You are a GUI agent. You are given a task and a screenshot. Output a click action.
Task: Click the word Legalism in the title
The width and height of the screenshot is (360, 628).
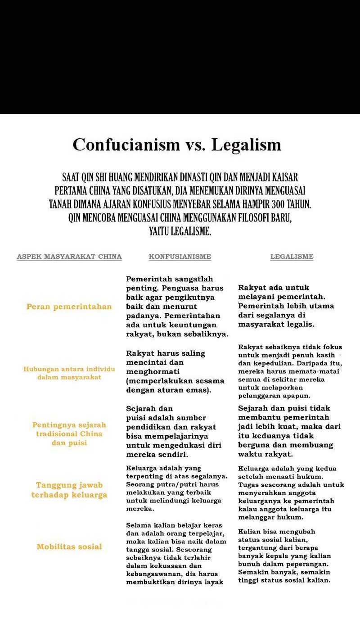[x=246, y=145]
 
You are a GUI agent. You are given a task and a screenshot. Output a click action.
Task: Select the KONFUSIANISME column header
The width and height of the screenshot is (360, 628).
[x=180, y=257]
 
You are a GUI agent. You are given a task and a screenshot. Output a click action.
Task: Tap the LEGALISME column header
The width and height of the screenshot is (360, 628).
[x=292, y=257]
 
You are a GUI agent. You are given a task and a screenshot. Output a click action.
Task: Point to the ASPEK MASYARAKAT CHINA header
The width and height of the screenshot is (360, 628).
[x=69, y=257]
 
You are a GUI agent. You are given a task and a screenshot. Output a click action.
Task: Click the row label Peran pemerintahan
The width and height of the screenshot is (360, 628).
[x=69, y=307]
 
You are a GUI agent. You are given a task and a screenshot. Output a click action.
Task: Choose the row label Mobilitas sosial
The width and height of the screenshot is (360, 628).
[x=69, y=547]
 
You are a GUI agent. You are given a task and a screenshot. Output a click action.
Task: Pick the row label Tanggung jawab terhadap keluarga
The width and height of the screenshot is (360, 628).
[x=69, y=490]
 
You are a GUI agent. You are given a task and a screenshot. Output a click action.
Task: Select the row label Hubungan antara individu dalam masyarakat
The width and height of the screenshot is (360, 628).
[x=69, y=373]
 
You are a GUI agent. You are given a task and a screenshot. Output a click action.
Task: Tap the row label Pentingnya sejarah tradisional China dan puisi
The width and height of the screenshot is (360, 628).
[x=69, y=434]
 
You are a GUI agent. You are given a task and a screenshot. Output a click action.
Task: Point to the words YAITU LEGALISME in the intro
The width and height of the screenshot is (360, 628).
[x=180, y=232]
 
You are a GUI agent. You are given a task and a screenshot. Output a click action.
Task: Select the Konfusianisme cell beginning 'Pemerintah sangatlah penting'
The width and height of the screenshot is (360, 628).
[x=177, y=307]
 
